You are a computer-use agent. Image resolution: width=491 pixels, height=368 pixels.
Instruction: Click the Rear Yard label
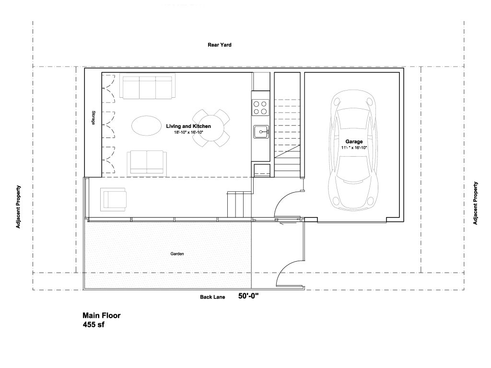(x=220, y=45)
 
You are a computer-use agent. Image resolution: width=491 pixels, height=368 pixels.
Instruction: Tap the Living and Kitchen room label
(x=188, y=126)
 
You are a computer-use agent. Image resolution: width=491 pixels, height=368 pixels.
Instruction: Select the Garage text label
(x=354, y=141)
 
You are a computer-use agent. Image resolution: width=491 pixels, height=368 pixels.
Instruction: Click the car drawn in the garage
(x=353, y=150)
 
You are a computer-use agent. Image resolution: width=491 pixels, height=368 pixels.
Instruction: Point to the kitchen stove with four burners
(x=260, y=107)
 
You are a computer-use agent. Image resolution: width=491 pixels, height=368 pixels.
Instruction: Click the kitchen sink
(x=261, y=132)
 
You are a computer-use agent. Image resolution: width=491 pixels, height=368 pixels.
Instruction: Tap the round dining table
(x=211, y=128)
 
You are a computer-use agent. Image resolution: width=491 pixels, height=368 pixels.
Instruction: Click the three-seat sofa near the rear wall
(x=147, y=87)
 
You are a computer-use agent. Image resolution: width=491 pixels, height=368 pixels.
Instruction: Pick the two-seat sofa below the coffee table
(x=147, y=162)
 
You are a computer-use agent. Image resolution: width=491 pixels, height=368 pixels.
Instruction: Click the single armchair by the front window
(x=114, y=200)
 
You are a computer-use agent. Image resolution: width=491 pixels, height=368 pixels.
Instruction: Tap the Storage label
(x=94, y=118)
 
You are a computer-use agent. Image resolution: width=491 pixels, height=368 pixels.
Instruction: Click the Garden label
(x=177, y=254)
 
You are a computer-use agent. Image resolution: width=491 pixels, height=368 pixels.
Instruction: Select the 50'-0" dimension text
(x=248, y=296)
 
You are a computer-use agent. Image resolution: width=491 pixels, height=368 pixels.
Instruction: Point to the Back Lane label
(x=212, y=297)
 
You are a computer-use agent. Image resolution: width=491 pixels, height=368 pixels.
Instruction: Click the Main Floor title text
(x=102, y=315)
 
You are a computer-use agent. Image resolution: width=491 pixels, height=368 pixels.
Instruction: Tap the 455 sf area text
(x=94, y=324)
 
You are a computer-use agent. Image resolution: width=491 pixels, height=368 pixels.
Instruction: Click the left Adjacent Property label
(x=18, y=207)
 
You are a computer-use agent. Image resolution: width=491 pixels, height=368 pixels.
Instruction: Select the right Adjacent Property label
(x=475, y=203)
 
